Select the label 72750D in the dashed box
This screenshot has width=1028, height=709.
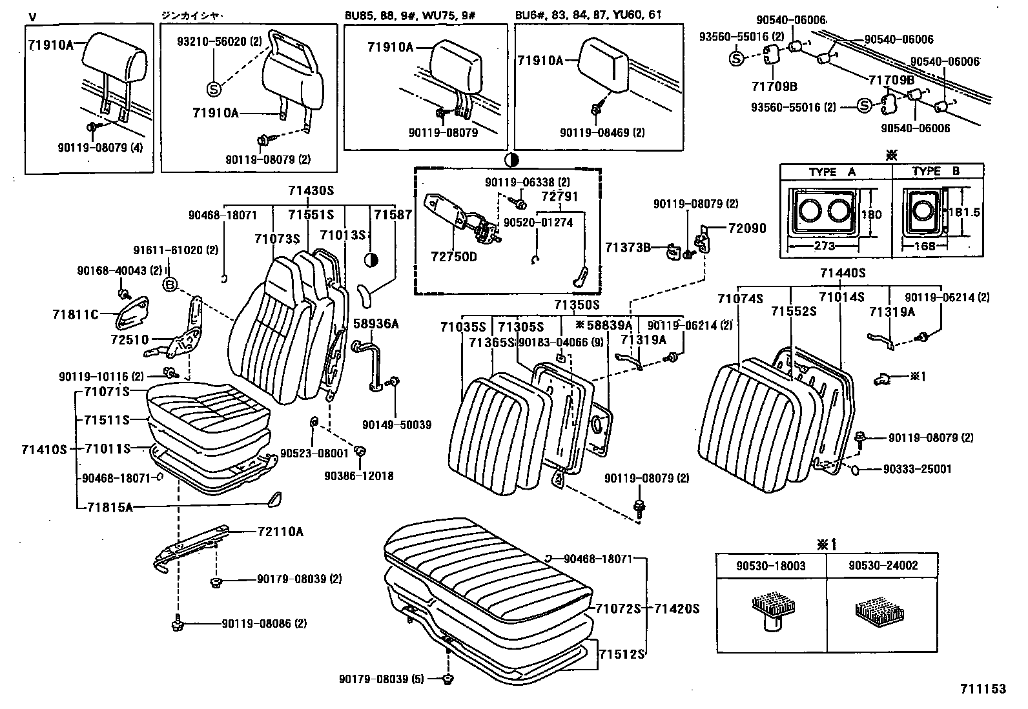tap(454, 257)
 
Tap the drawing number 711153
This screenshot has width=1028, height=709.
tap(983, 689)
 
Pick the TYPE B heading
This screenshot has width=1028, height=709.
tap(936, 172)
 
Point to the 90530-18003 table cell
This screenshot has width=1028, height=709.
tap(762, 566)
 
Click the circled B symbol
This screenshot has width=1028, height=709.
tap(170, 284)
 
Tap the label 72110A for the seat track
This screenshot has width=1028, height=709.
tap(280, 532)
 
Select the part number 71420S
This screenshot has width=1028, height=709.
tap(677, 608)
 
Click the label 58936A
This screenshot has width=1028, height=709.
tap(375, 324)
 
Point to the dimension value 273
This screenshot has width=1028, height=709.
tap(825, 246)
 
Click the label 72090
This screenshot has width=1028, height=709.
tap(746, 228)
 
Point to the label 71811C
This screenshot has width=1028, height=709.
tap(76, 314)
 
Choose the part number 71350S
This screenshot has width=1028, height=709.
tap(577, 305)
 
